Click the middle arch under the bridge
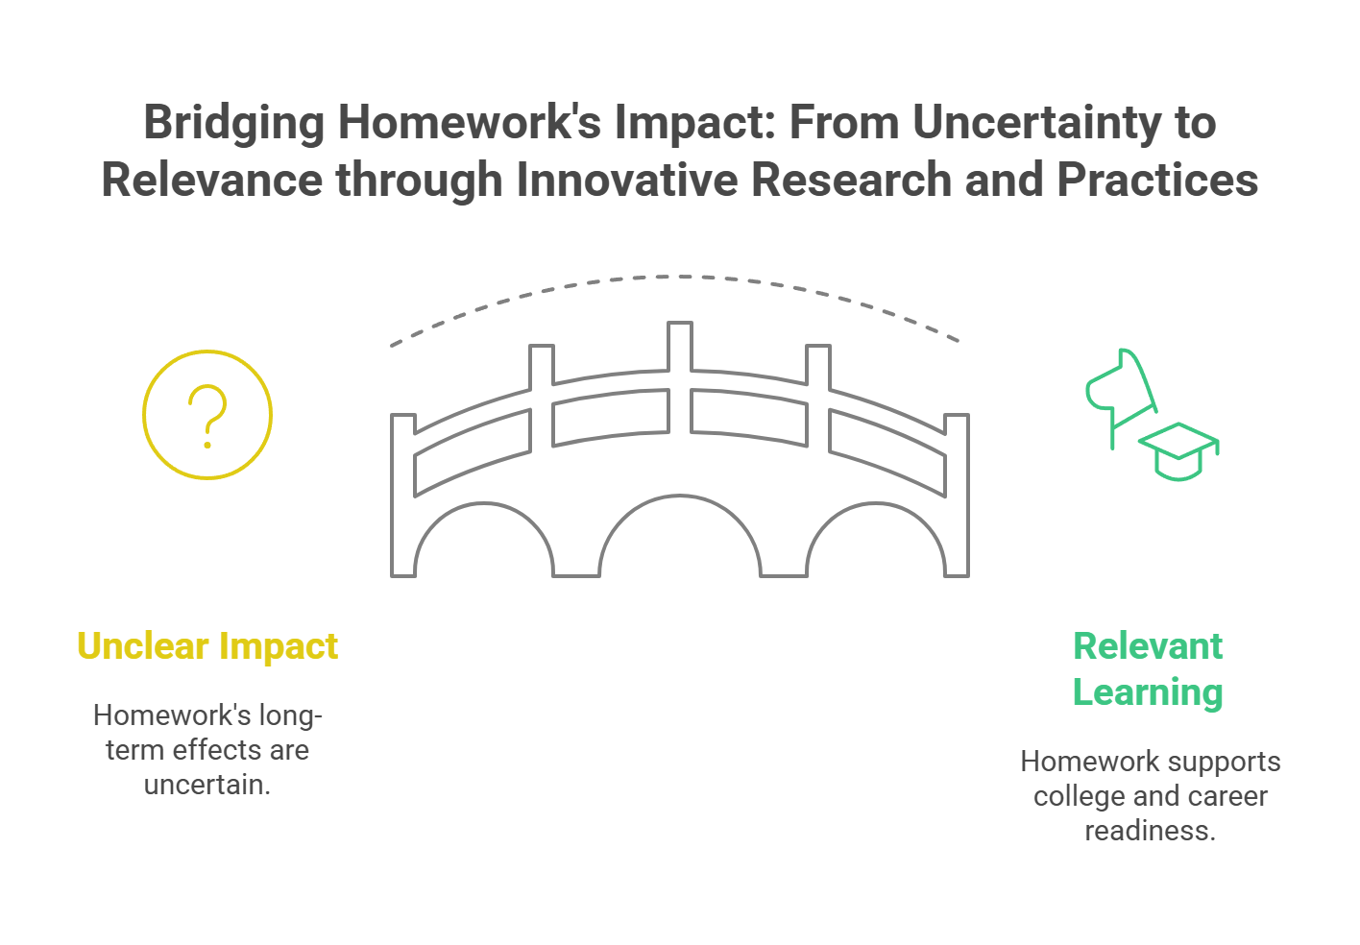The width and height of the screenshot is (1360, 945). [x=680, y=497]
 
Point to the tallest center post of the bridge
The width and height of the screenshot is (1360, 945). [x=680, y=346]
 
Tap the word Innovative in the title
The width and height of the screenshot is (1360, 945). [x=626, y=181]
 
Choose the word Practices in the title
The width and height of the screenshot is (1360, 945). [x=1157, y=181]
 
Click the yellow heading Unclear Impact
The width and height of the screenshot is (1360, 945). [x=207, y=645]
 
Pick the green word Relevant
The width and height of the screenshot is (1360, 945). [x=1148, y=645]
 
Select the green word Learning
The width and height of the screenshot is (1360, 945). [x=1148, y=693]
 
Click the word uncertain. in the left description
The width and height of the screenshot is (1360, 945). [x=207, y=785]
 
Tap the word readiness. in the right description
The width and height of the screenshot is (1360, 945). [x=1151, y=831]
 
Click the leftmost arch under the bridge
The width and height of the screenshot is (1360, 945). [x=484, y=504]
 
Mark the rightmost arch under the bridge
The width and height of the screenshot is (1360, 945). [x=876, y=504]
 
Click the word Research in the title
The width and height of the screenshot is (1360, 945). [x=851, y=181]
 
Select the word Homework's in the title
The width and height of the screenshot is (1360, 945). [x=470, y=123]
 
